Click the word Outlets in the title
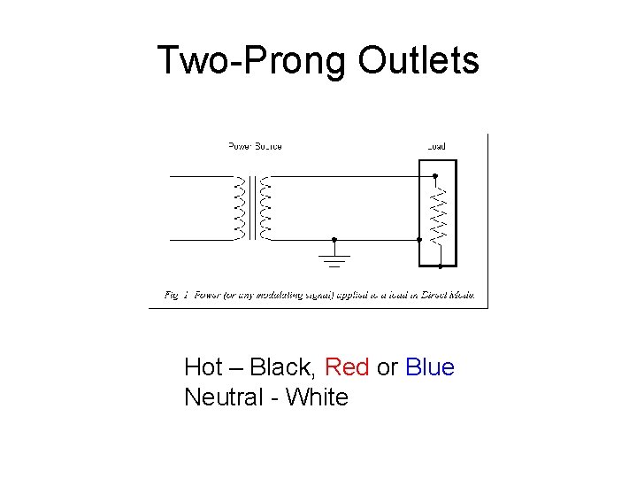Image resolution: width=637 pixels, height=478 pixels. pyautogui.click(x=418, y=60)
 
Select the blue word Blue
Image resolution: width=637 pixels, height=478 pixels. pyautogui.click(x=430, y=366)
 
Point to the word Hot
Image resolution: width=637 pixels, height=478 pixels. pyautogui.click(x=202, y=366)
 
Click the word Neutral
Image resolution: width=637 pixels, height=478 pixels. pyautogui.click(x=223, y=397)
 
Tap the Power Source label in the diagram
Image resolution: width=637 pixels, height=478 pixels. pyautogui.click(x=255, y=146)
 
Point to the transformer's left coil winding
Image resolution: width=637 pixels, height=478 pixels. pyautogui.click(x=238, y=208)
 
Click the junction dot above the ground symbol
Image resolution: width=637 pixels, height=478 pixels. pyautogui.click(x=334, y=239)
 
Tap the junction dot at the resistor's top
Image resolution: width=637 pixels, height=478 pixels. pyautogui.click(x=435, y=176)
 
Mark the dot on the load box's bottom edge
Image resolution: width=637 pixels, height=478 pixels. pyautogui.click(x=440, y=266)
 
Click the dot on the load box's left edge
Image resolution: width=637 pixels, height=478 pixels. pyautogui.click(x=418, y=239)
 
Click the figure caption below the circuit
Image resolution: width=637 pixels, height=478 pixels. pyautogui.click(x=319, y=293)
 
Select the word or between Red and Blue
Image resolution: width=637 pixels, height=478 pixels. pyautogui.click(x=387, y=366)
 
